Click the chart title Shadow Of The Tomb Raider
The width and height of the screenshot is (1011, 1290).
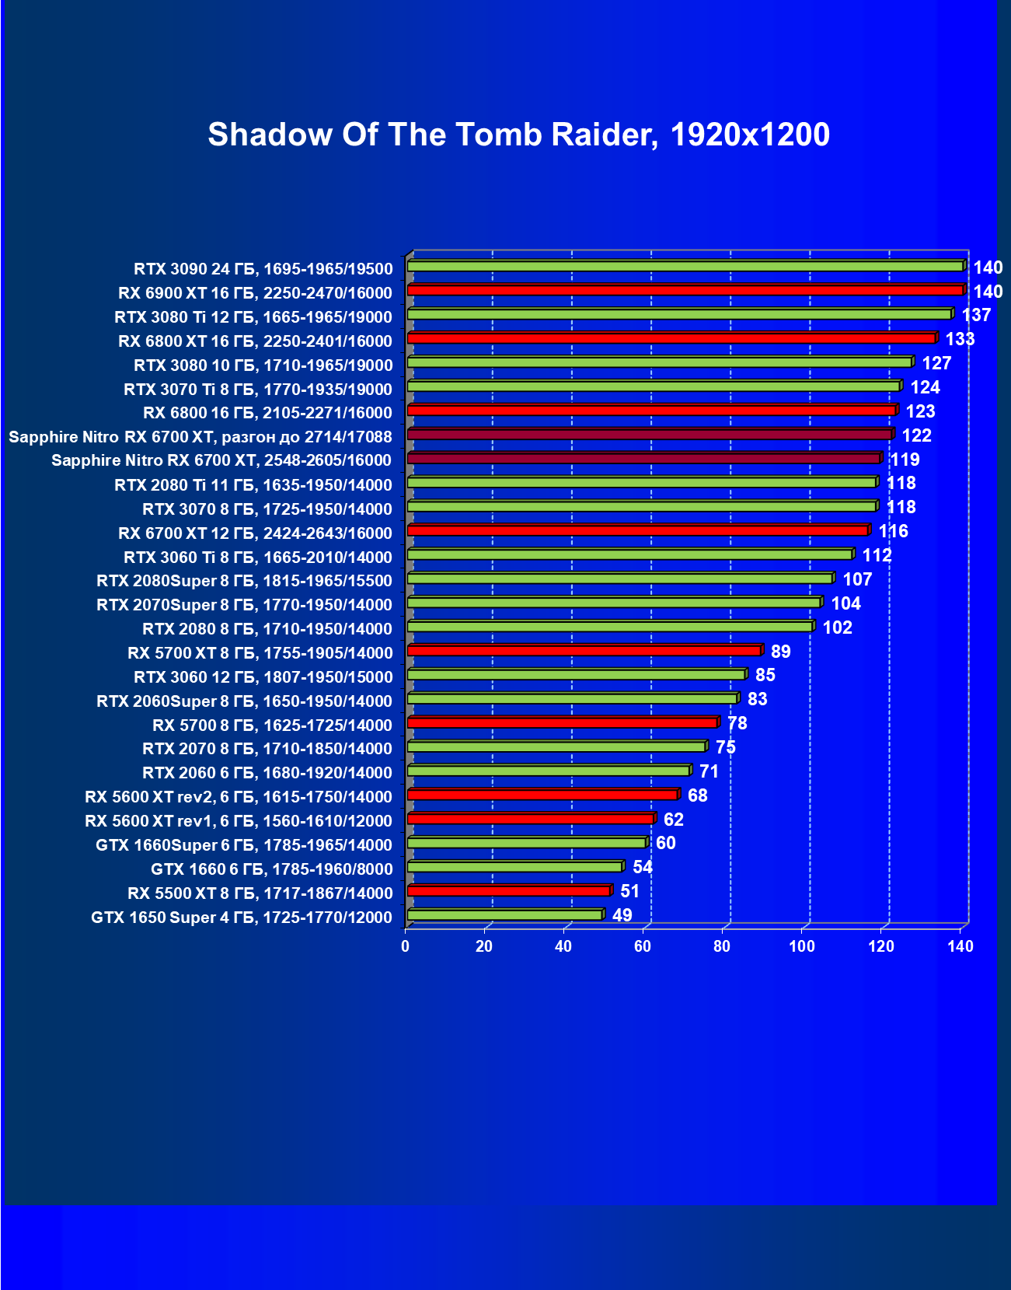(518, 135)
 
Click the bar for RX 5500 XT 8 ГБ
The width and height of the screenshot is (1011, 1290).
(509, 891)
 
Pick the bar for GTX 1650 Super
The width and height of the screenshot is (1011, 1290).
(505, 915)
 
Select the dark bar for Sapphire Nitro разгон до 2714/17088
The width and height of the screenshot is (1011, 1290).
(650, 435)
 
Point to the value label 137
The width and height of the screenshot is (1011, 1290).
(976, 315)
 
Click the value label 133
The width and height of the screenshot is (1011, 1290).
(960, 339)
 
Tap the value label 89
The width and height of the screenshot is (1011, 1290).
(780, 652)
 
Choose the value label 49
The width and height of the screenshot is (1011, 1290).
(622, 915)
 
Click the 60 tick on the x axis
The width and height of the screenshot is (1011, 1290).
(643, 946)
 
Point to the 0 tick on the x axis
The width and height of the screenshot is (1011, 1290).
(405, 946)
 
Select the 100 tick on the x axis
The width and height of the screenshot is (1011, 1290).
(801, 946)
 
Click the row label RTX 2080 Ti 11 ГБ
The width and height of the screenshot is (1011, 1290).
(253, 485)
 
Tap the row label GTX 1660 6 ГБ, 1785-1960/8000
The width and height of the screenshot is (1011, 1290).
(271, 869)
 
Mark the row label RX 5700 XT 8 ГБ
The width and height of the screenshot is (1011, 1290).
(260, 653)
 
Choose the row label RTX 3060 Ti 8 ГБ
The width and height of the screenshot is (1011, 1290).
(257, 558)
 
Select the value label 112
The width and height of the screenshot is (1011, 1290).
(877, 555)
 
